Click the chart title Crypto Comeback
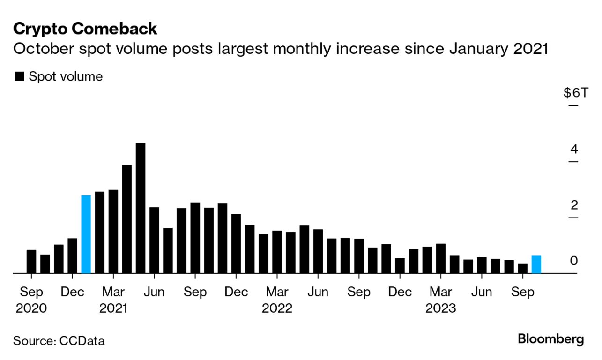[x=85, y=29]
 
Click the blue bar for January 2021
[x=86, y=234]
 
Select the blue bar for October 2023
[x=536, y=264]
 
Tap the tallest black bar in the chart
[x=140, y=208]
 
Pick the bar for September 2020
[x=31, y=262]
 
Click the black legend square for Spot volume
[x=19, y=77]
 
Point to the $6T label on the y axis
[x=575, y=93]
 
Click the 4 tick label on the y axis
[x=574, y=150]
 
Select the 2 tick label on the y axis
[x=574, y=205]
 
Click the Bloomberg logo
[x=551, y=339]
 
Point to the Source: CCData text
[x=59, y=341]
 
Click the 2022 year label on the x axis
[x=277, y=308]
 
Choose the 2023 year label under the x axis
[x=440, y=308]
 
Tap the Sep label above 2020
[x=31, y=292]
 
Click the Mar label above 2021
[x=113, y=292]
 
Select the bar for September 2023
[x=523, y=269]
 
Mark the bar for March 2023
[x=441, y=258]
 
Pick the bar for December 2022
[x=400, y=266]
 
